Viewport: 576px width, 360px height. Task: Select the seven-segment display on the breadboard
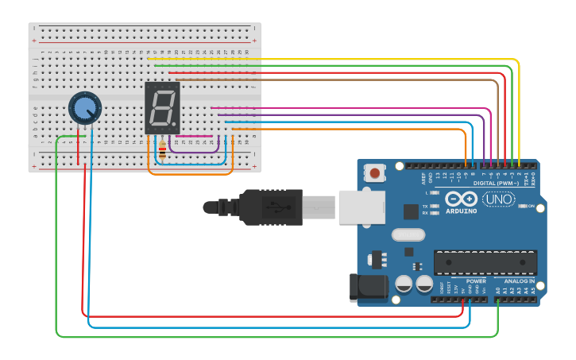tap(163, 107)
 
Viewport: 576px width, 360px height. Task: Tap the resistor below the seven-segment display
tap(163, 149)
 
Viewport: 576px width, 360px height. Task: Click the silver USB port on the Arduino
tap(361, 207)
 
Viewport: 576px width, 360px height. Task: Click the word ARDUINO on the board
tap(461, 211)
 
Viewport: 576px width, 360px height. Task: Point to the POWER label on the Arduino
tap(476, 281)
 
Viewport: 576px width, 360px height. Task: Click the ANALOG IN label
tap(517, 281)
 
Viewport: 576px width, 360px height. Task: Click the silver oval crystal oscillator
tap(408, 234)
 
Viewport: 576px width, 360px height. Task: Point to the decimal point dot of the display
tap(174, 124)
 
